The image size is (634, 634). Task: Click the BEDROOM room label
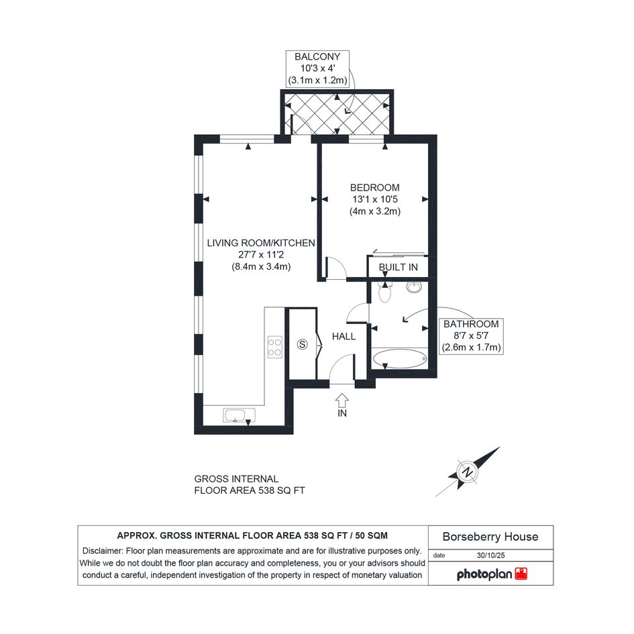point(374,188)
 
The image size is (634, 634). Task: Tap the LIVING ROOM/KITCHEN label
point(261,243)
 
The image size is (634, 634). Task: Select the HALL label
point(344,336)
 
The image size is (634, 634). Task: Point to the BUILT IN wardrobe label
point(399,267)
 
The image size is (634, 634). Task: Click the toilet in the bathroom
point(384,292)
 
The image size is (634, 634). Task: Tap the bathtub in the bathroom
point(399,359)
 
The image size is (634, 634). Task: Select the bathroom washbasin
point(414,286)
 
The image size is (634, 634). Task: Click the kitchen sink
point(239,415)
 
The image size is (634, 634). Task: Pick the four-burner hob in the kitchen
point(275,347)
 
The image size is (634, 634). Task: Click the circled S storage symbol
point(302,344)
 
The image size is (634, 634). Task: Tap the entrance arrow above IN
point(342,400)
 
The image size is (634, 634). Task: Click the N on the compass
point(468,472)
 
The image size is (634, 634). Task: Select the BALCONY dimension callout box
point(317,68)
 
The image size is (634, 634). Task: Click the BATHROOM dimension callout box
point(471,336)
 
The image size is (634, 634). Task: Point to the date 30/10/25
point(490,556)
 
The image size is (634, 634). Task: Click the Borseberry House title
point(490,537)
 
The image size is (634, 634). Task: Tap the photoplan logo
point(492,574)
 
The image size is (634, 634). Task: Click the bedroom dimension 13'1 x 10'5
point(375,199)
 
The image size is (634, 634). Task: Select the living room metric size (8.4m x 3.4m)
point(261,267)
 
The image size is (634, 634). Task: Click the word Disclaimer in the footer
point(102,551)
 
